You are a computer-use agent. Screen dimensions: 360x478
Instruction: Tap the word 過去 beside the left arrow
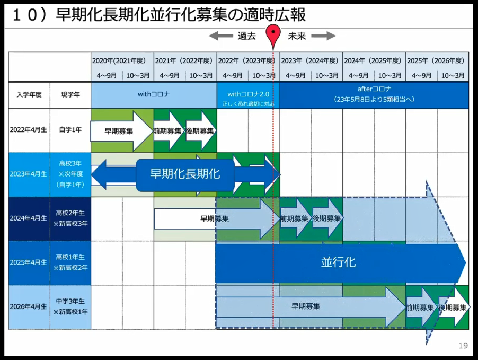pyautogui.click(x=246, y=36)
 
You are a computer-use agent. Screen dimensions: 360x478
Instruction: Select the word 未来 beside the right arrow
pyautogui.click(x=297, y=36)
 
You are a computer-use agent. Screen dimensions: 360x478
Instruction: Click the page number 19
pyautogui.click(x=463, y=346)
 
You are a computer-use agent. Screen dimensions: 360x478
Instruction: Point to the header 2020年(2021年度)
pyautogui.click(x=122, y=60)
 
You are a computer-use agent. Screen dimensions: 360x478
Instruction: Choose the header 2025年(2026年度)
pyautogui.click(x=437, y=60)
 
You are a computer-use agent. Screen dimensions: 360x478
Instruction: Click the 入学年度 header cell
pyautogui.click(x=29, y=95)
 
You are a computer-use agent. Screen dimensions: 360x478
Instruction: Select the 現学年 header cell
pyautogui.click(x=70, y=95)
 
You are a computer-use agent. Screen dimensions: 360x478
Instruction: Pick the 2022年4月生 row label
pyautogui.click(x=29, y=130)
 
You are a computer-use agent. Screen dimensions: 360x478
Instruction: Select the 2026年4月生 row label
pyautogui.click(x=29, y=307)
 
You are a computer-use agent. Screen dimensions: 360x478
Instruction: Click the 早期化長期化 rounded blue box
pyautogui.click(x=185, y=174)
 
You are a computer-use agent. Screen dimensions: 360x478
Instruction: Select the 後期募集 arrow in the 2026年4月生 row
pyautogui.click(x=453, y=308)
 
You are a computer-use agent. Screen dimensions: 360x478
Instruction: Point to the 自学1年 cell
pyautogui.click(x=70, y=130)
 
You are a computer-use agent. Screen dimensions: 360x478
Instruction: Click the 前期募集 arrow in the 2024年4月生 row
pyautogui.click(x=295, y=218)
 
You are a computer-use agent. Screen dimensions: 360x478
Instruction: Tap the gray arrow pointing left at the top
pyautogui.click(x=220, y=36)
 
